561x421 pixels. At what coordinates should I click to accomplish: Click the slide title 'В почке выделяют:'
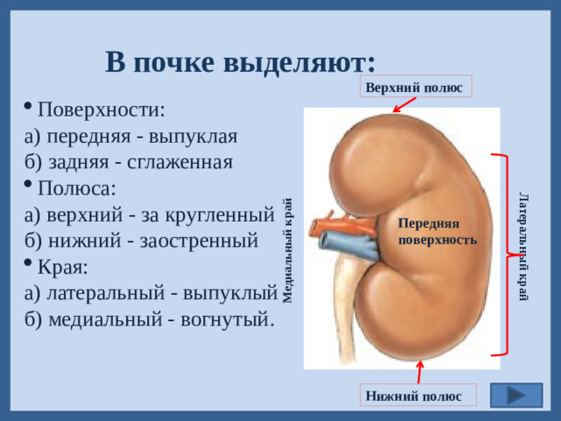pos(241,62)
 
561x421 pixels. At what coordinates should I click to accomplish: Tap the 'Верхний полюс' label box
pos(415,86)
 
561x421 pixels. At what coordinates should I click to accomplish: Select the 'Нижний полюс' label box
pos(416,396)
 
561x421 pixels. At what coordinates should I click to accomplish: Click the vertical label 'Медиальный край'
pos(288,251)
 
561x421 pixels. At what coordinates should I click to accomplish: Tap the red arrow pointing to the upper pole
pos(404,103)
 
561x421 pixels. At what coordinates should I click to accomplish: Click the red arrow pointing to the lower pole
pos(420,372)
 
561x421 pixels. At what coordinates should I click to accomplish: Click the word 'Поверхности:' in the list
pos(102,111)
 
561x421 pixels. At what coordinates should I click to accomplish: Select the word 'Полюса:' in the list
pos(77,189)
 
